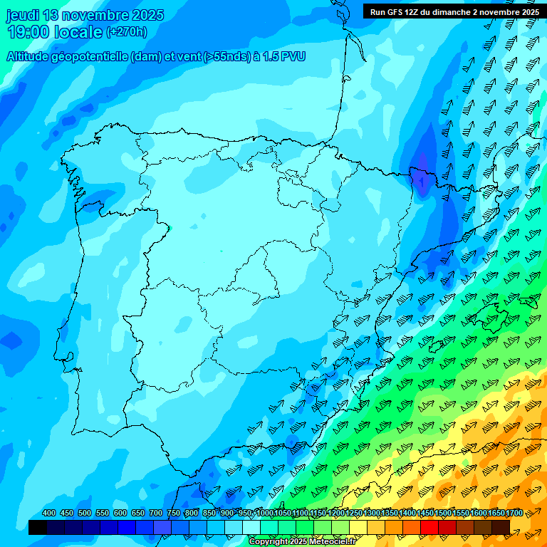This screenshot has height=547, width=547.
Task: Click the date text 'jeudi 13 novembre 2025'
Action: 85,15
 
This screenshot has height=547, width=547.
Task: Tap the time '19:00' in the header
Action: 28,31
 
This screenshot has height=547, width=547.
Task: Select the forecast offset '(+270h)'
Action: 127,32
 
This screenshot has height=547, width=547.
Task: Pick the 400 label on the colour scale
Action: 49,513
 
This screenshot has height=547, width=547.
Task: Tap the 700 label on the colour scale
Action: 156,513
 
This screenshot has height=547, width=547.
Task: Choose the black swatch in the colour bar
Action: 38,527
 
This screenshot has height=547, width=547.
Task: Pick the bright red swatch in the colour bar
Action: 429,527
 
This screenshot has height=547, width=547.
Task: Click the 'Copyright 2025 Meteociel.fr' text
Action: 302,542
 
